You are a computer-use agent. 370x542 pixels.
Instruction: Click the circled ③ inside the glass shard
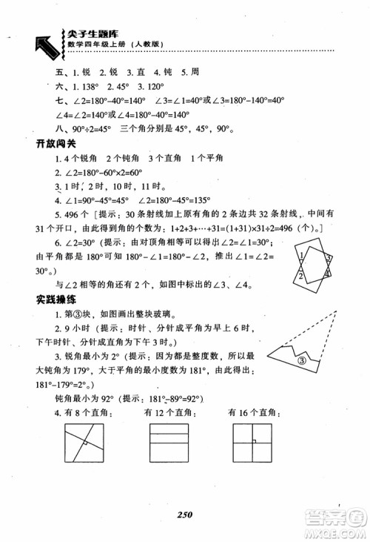[x=301, y=363]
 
